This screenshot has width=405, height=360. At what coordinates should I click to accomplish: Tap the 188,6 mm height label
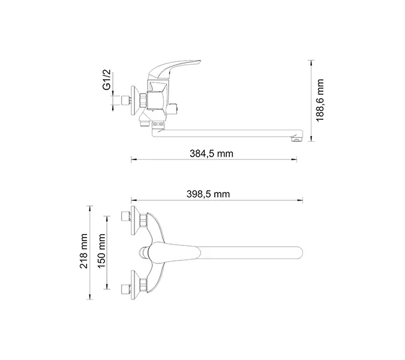320,100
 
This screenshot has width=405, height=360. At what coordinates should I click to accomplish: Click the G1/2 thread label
106,82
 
